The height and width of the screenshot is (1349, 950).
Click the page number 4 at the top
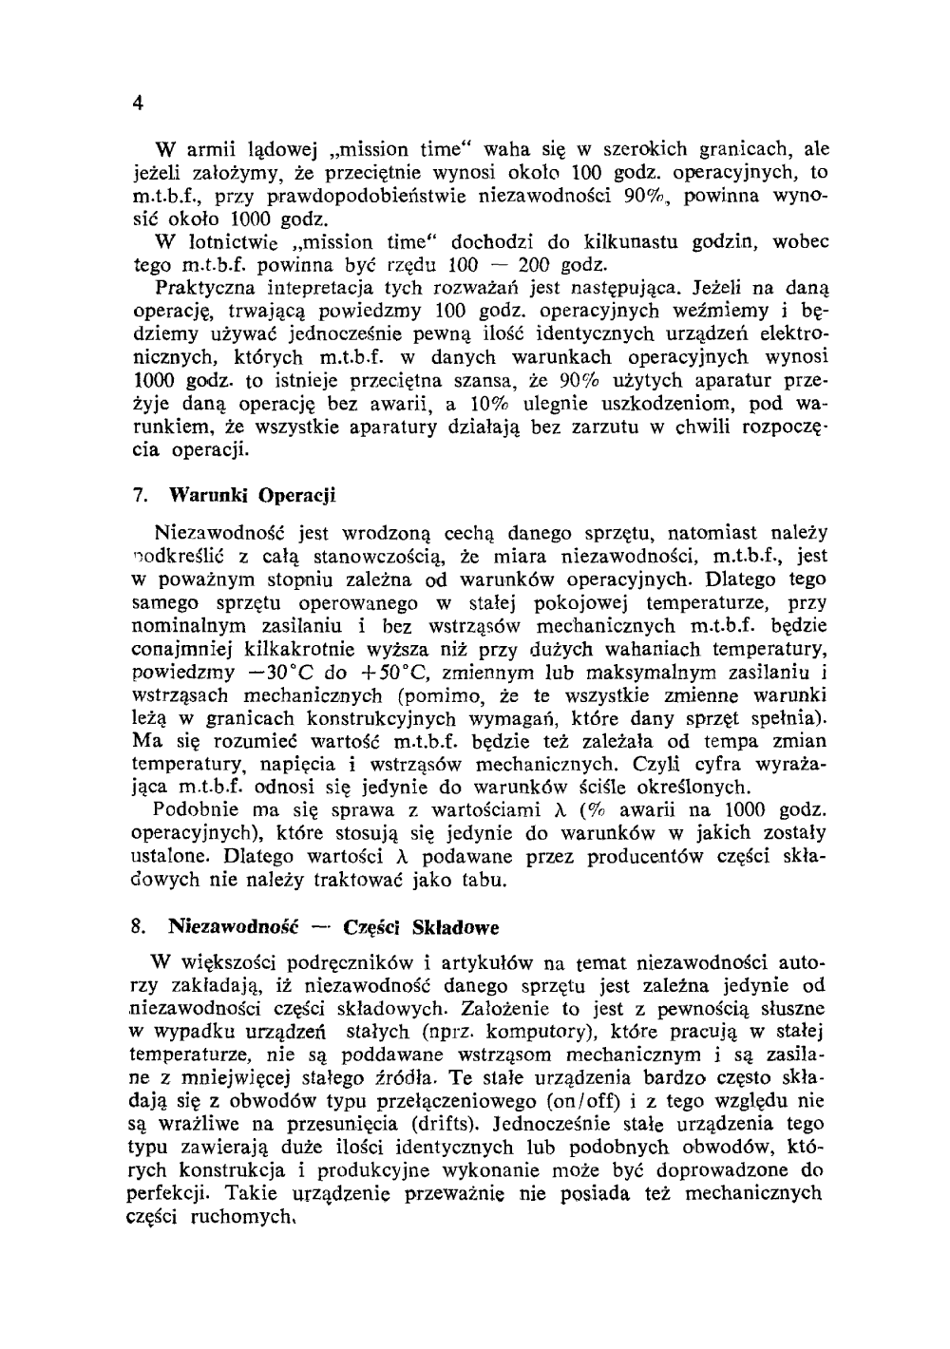tap(138, 104)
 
